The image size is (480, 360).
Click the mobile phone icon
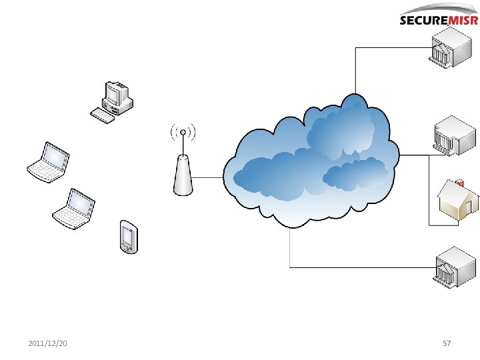[x=128, y=237]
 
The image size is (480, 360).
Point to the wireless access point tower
[x=182, y=175]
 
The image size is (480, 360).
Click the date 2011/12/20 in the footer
[x=47, y=343]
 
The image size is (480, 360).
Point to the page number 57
[x=447, y=343]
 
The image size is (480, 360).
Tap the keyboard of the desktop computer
[x=103, y=115]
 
